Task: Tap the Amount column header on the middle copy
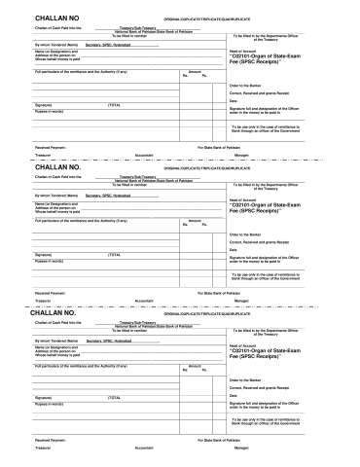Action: [194, 221]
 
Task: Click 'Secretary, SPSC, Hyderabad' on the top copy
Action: [108, 46]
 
